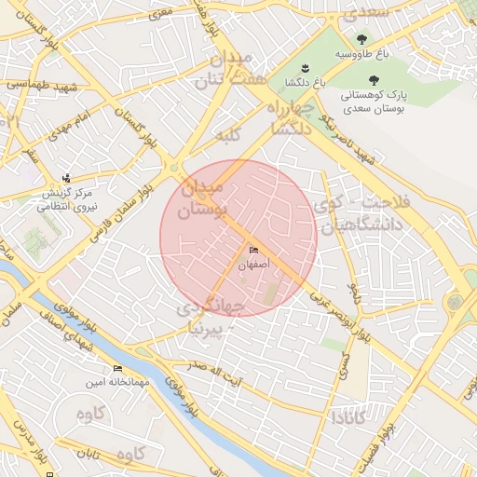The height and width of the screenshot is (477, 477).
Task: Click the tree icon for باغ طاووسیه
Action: tap(361, 38)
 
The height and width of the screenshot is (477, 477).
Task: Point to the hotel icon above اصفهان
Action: tap(254, 251)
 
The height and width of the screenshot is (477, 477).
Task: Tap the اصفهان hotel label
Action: tap(254, 266)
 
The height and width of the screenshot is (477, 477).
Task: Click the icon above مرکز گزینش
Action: tap(65, 178)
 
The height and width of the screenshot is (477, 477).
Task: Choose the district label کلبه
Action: tap(229, 137)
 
